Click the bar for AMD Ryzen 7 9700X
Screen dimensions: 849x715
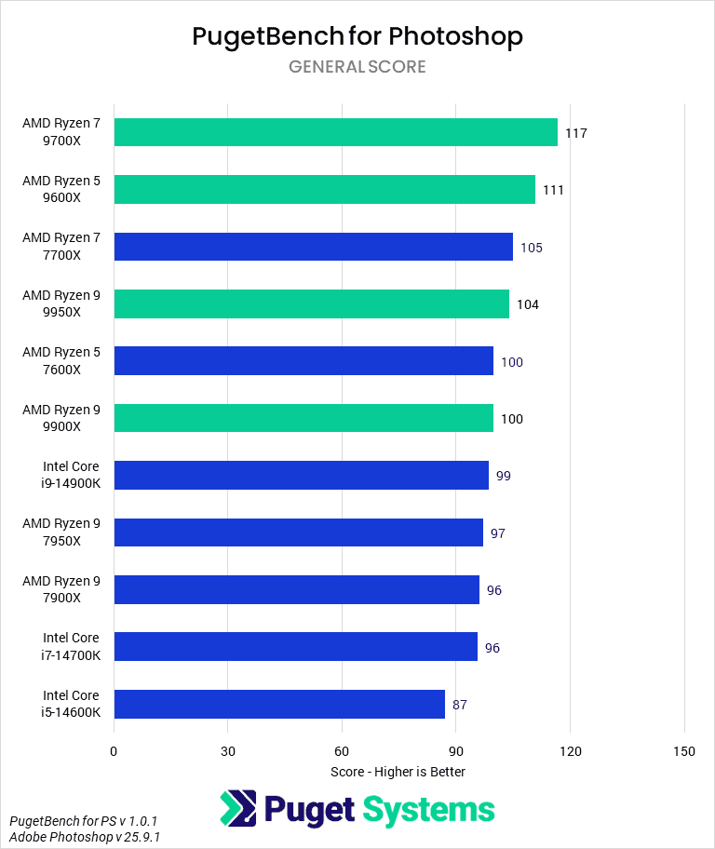coord(335,132)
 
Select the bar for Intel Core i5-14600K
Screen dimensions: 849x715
coord(278,704)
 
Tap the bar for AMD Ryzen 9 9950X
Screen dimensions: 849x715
coord(311,303)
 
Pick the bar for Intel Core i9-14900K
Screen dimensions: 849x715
coord(301,475)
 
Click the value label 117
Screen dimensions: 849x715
coord(575,133)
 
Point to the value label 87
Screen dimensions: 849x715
coord(460,705)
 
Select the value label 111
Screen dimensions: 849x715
coord(553,190)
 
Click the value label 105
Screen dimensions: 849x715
coord(531,248)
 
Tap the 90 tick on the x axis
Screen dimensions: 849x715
coord(456,751)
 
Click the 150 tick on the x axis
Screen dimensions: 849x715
coord(684,751)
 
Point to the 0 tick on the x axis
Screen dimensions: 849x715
coord(114,751)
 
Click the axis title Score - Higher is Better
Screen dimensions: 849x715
coord(398,772)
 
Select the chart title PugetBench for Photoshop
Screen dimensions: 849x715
coord(357,36)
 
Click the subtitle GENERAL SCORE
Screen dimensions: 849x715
coord(357,67)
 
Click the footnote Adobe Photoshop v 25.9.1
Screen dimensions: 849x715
coord(84,837)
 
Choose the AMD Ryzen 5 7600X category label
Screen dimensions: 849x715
coord(61,361)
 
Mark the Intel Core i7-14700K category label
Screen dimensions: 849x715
coord(71,646)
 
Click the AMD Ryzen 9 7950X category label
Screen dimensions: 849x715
coord(61,532)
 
